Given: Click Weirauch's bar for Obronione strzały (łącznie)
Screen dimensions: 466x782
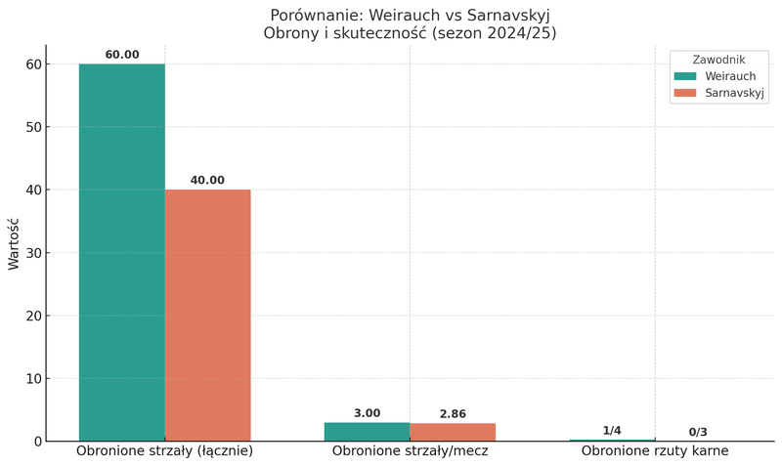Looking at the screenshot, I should (x=121, y=252).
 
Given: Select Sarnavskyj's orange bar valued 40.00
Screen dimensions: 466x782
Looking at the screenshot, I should (x=207, y=315).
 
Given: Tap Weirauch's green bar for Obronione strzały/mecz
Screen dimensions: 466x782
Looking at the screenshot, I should (x=367, y=432).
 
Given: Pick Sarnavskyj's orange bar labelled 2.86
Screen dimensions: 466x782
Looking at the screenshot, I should (x=453, y=432).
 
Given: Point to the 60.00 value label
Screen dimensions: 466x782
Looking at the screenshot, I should (x=122, y=55).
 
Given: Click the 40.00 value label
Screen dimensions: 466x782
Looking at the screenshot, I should (x=207, y=181).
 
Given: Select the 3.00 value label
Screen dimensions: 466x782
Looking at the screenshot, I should (x=367, y=413).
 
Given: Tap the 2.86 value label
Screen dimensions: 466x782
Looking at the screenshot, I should (x=453, y=414).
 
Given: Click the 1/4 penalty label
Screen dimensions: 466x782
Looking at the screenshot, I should (x=612, y=431).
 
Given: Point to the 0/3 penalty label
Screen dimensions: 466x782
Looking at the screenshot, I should (x=698, y=432).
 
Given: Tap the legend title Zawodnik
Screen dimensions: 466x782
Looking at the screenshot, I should (x=718, y=60).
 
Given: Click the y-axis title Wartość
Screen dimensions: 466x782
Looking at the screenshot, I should (x=15, y=242).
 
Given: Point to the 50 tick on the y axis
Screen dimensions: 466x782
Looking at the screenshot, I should (x=34, y=127).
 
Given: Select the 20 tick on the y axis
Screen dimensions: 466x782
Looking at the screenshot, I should (x=34, y=316).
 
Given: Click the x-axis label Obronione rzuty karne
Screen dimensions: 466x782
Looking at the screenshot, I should (x=655, y=451).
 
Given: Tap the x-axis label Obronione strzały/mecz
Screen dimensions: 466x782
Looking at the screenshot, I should (x=410, y=451).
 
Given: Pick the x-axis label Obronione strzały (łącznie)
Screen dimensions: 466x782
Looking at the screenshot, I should (x=164, y=451).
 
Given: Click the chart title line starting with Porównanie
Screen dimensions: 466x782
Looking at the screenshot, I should (x=410, y=16).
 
